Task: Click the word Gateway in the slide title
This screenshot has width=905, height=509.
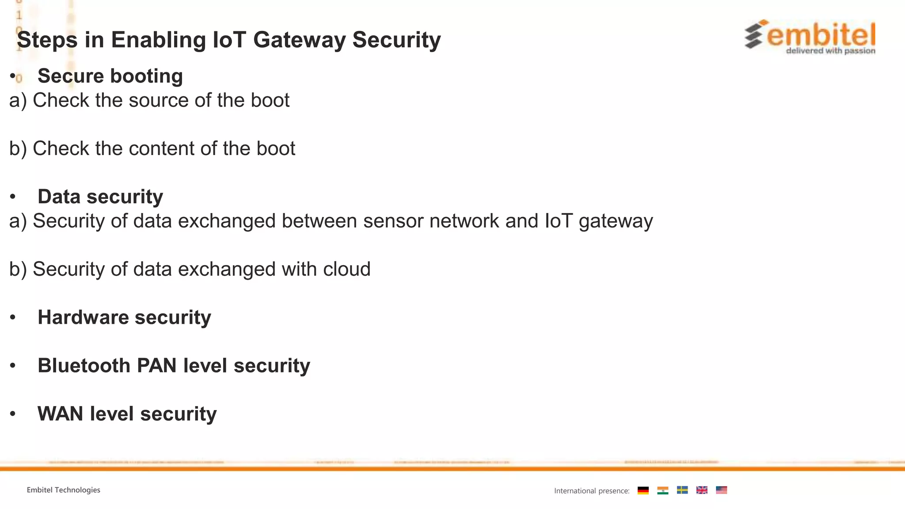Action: (299, 40)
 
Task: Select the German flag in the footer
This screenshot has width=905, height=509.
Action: (643, 490)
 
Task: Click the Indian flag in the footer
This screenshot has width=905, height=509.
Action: (662, 490)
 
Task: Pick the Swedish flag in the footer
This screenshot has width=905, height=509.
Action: (682, 490)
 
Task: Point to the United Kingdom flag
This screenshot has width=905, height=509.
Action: (702, 490)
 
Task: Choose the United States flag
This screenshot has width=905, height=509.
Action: (721, 490)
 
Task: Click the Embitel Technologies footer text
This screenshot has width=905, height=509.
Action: (63, 490)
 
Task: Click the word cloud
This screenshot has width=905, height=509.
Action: (346, 269)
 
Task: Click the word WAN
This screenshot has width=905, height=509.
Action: (61, 414)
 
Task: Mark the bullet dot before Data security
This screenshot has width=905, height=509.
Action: (13, 197)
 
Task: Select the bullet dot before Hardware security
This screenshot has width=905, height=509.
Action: (13, 317)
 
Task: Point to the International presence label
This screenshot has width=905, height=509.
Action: (592, 491)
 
